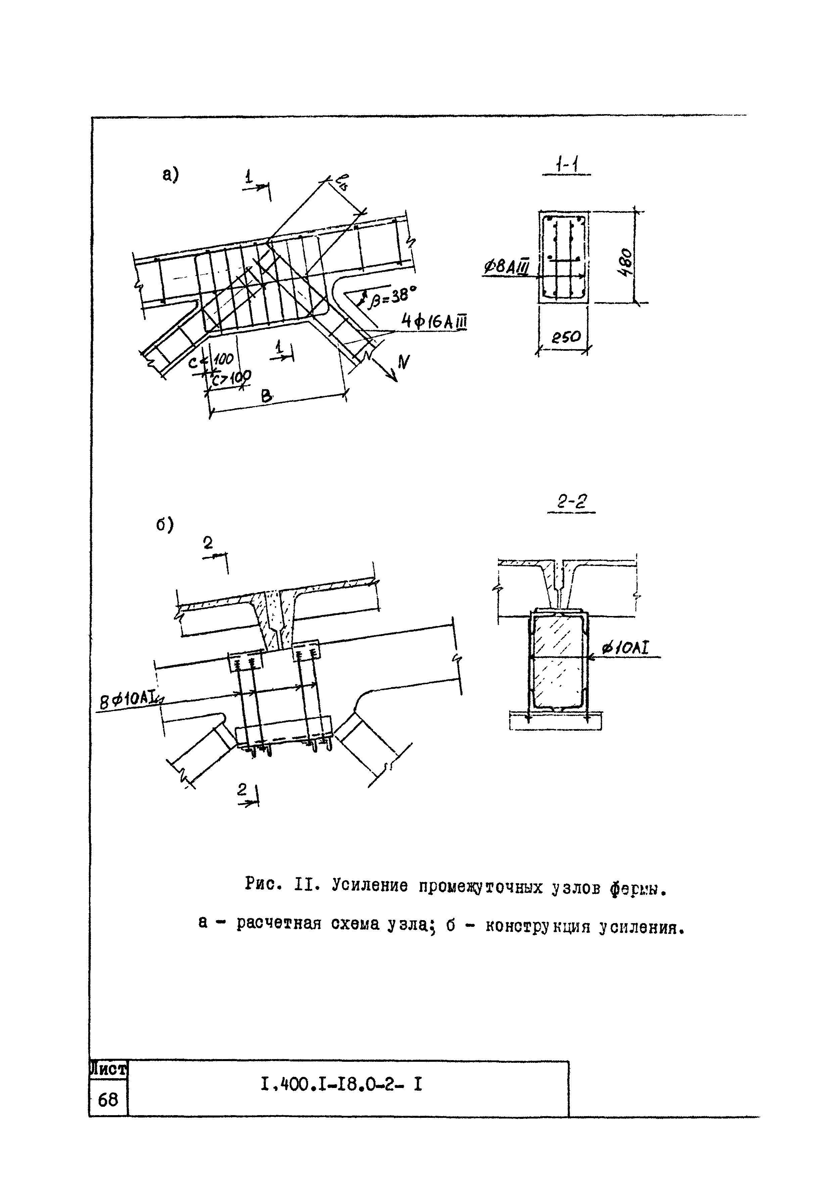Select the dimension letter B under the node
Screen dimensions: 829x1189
tap(266, 396)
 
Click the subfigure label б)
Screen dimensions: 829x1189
tap(165, 525)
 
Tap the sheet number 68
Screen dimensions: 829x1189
tap(108, 1099)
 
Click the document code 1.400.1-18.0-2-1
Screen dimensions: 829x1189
tap(342, 1083)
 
